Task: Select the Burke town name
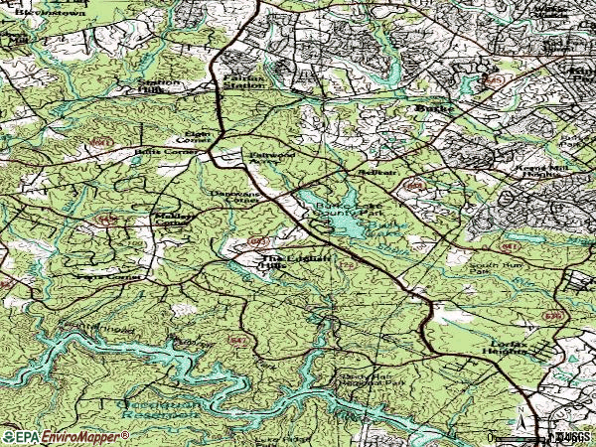pyautogui.click(x=434, y=107)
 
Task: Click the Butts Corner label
pyautogui.click(x=161, y=153)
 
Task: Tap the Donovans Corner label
pyautogui.click(x=234, y=196)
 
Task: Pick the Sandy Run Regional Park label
pyautogui.click(x=372, y=380)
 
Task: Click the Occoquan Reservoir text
pyautogui.click(x=159, y=406)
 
